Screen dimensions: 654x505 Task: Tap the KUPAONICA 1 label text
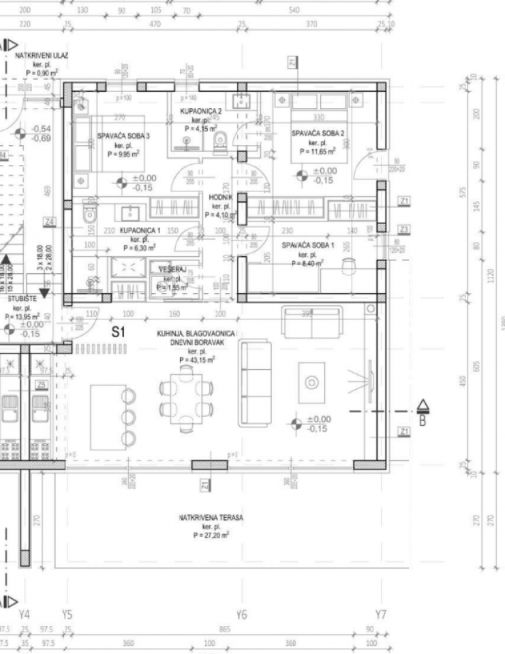(x=140, y=230)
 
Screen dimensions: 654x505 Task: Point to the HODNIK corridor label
(x=221, y=198)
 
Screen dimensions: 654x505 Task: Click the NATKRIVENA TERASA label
(x=211, y=518)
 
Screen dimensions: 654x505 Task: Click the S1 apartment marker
(x=119, y=333)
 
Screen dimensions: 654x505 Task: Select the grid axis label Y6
(x=241, y=614)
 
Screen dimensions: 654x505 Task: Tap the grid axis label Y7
(x=380, y=614)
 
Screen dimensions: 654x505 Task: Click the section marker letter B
(x=423, y=420)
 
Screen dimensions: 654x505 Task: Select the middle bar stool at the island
(x=127, y=416)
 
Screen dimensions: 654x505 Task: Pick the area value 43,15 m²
(x=198, y=360)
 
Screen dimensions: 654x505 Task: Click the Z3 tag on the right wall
(x=404, y=229)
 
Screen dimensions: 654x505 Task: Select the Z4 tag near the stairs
(x=48, y=221)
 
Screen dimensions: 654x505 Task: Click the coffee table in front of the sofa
(x=311, y=381)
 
